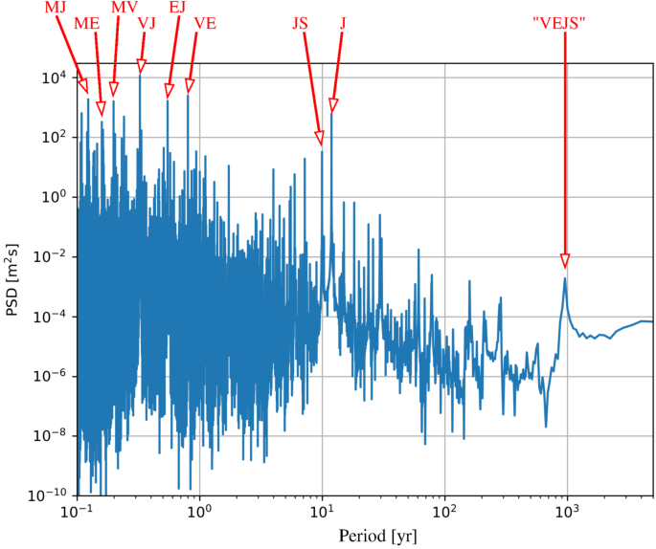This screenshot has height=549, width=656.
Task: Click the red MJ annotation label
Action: [56, 8]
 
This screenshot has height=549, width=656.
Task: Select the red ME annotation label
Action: [87, 23]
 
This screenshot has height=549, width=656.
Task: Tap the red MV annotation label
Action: [124, 8]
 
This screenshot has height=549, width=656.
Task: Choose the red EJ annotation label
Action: [178, 8]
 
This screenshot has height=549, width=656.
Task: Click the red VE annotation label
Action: [206, 23]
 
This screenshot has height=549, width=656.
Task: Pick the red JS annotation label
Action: [301, 23]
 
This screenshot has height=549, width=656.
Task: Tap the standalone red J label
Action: [343, 23]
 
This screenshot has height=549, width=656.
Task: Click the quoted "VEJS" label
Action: [565, 23]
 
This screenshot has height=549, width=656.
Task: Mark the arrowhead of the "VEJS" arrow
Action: [565, 261]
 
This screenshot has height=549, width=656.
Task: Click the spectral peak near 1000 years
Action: [566, 278]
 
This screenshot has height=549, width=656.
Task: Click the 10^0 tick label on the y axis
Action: [53, 197]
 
